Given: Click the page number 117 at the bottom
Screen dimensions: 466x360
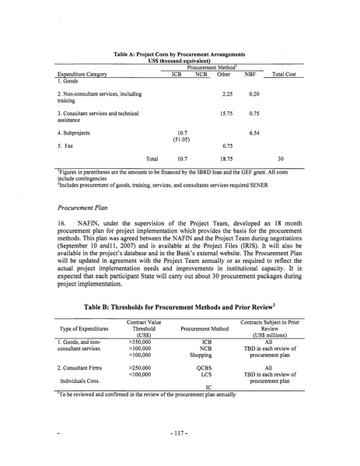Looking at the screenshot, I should pyautogui.click(x=180, y=450).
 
